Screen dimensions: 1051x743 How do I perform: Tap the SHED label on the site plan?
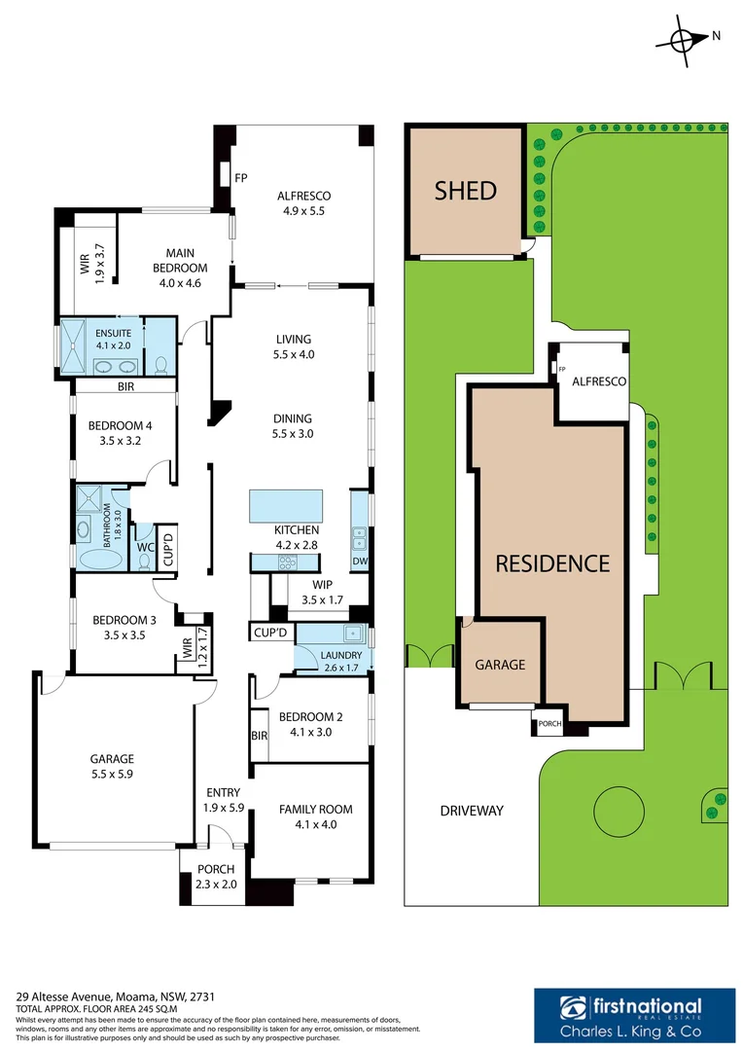pos(466,191)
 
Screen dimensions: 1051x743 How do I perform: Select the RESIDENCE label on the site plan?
pos(552,563)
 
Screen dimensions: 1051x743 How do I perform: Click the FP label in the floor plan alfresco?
pos(240,177)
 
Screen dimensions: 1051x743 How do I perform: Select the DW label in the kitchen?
pos(359,561)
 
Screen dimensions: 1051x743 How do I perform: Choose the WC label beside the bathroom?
pos(145,547)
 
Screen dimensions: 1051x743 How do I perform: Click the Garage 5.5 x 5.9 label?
pos(111,767)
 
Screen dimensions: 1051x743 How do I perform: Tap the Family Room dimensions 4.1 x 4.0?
pos(315,824)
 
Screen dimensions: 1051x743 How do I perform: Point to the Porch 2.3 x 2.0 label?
pos(216,877)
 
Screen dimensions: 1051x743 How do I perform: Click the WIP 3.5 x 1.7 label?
pos(322,593)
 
